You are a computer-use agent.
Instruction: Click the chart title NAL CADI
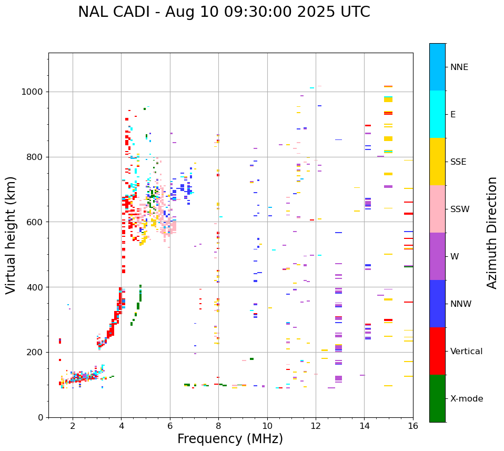(x=224, y=12)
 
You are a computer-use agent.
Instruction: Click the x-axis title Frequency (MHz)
(x=230, y=439)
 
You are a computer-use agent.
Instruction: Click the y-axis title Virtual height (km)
(x=11, y=235)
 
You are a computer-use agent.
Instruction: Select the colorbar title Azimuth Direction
(x=492, y=233)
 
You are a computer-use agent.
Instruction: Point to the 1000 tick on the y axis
(x=35, y=92)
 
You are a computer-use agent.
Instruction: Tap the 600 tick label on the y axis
(x=37, y=222)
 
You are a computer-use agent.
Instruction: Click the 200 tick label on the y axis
(x=37, y=352)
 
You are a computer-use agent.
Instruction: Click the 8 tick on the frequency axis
(x=218, y=425)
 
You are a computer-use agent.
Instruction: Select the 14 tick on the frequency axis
(x=364, y=425)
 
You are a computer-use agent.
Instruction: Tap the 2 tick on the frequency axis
(x=73, y=425)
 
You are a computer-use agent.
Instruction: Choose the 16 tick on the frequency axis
(x=413, y=425)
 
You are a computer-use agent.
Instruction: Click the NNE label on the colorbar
(x=459, y=67)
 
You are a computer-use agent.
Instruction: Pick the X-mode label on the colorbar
(x=467, y=399)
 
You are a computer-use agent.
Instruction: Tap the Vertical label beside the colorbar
(x=467, y=352)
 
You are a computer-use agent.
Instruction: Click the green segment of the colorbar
(x=437, y=398)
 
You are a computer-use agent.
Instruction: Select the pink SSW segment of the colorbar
(x=437, y=209)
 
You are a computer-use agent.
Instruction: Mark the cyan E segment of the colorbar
(x=437, y=114)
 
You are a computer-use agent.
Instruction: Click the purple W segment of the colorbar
(x=437, y=256)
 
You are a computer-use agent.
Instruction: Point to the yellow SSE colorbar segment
(x=437, y=162)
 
